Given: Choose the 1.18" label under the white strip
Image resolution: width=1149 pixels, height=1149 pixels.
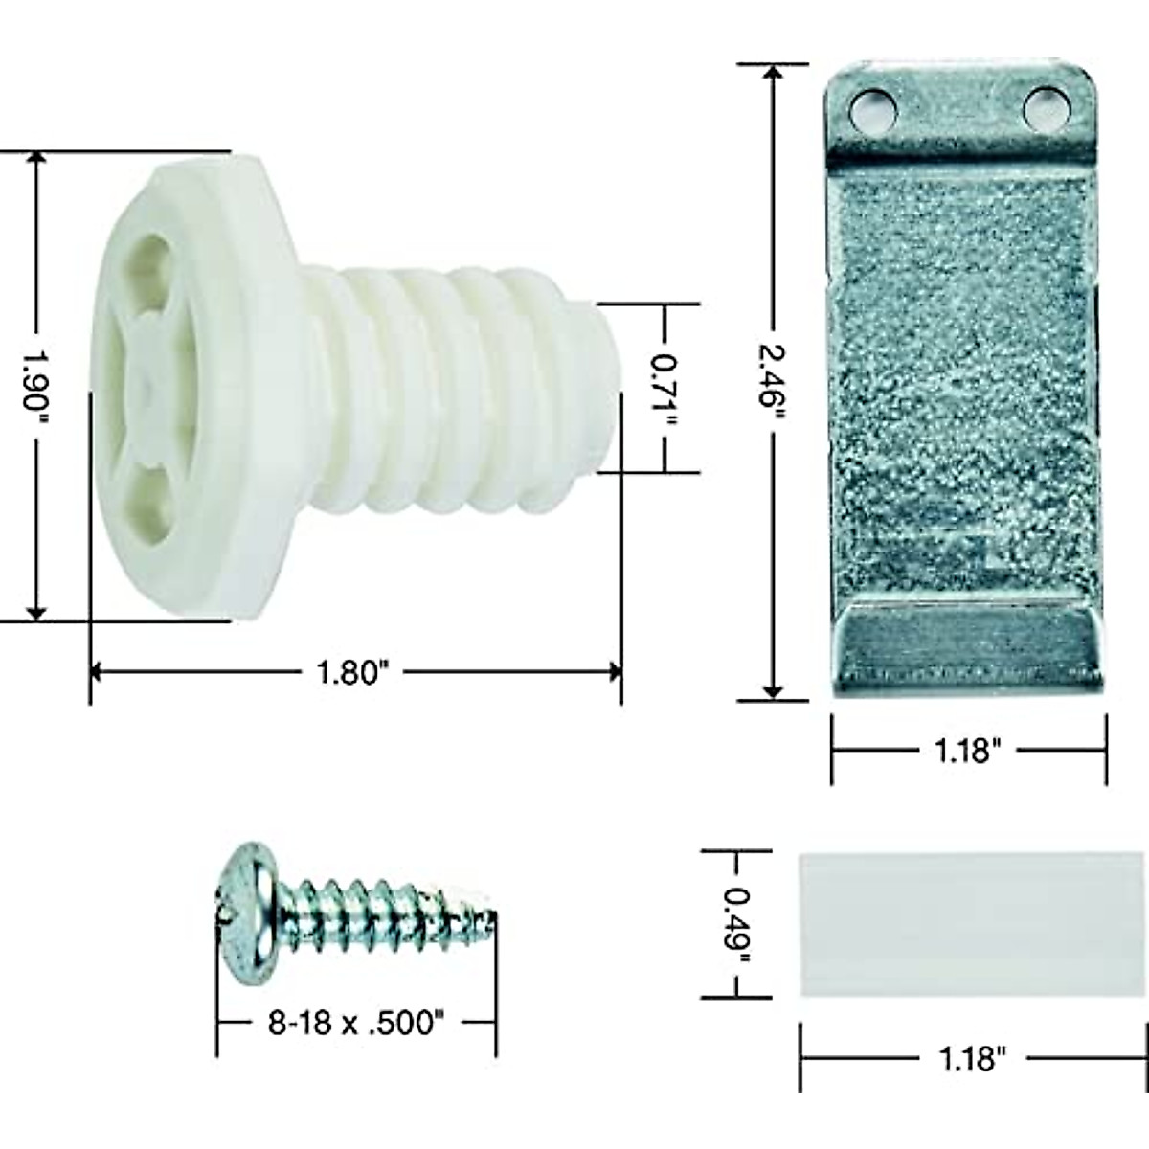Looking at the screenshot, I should pos(971,1059).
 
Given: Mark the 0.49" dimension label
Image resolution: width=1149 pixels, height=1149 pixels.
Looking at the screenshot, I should pos(737,923).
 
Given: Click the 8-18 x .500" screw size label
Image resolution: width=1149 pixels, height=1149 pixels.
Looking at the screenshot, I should pos(356,1024).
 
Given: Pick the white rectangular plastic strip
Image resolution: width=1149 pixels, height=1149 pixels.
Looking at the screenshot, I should pos(969,924).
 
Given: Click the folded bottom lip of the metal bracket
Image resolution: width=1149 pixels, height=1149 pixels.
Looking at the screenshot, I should pos(967,646).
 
